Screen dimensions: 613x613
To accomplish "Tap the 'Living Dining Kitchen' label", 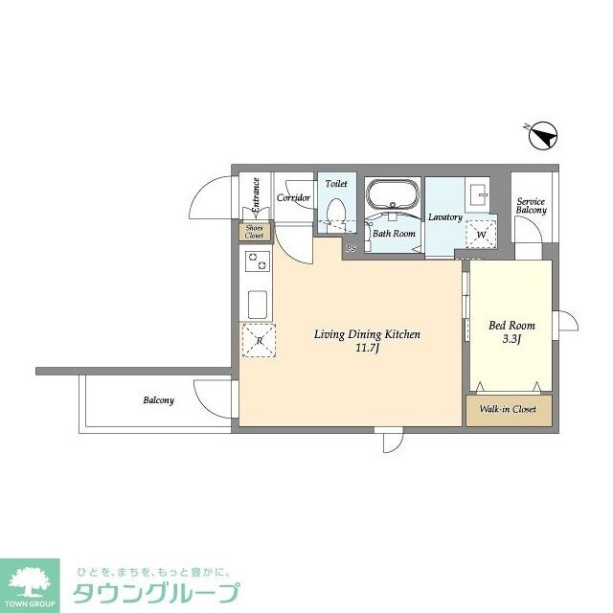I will click(x=368, y=335).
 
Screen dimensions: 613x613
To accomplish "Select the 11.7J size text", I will click(x=368, y=350).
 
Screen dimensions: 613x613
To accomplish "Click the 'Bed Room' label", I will click(x=511, y=326).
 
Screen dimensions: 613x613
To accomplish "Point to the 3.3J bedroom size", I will click(x=511, y=339).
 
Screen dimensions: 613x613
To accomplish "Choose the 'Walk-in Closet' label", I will click(x=509, y=410).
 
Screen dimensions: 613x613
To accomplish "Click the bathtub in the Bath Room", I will click(x=393, y=195).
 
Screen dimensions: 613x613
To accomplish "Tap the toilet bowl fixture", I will click(x=336, y=210).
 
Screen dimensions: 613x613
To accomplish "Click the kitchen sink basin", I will click(x=258, y=305).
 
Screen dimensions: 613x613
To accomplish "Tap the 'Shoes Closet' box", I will click(x=255, y=231).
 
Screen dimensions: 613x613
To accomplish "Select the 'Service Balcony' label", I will click(x=532, y=206).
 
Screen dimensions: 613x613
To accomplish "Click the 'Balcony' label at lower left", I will click(x=158, y=400).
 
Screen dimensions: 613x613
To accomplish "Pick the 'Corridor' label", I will click(x=293, y=198).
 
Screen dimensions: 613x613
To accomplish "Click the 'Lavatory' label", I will click(x=445, y=217).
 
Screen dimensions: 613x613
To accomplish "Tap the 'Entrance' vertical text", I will click(x=256, y=196).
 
